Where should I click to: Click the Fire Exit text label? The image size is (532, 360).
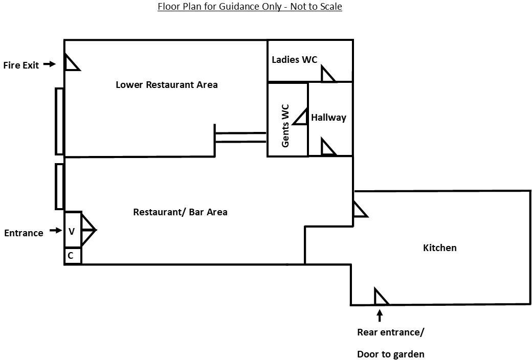click(21, 65)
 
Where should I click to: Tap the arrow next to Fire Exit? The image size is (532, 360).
click(49, 64)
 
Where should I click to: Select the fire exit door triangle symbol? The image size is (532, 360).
click(71, 63)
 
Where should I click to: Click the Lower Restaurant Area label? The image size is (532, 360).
click(166, 85)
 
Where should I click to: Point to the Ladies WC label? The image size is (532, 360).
click(294, 60)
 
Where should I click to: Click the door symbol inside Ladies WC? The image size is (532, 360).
click(327, 75)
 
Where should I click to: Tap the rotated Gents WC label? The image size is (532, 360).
click(285, 126)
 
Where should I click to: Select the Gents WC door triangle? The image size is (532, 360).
click(302, 117)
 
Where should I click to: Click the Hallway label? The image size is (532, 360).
click(328, 118)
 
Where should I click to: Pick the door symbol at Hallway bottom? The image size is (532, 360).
click(327, 148)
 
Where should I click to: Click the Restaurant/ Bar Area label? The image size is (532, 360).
click(180, 212)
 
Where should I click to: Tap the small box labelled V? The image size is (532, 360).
click(72, 231)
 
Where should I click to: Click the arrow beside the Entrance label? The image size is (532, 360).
click(55, 231)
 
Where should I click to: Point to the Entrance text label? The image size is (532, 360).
click(24, 233)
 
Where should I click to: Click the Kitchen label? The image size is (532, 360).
click(439, 248)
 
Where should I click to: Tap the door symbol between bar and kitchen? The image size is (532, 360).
click(359, 210)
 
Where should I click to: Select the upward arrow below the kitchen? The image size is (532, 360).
click(380, 314)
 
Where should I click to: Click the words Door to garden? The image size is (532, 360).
click(390, 354)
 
